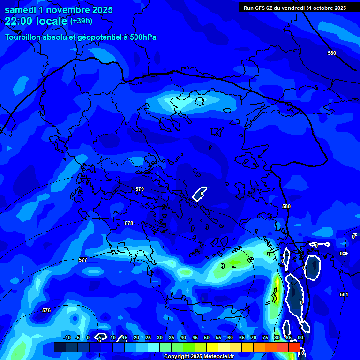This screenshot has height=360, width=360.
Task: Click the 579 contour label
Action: click(140, 189)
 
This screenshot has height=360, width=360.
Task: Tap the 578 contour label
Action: click(129, 223)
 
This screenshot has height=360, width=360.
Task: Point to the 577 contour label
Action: click(83, 260)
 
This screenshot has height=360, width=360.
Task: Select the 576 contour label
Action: click(46, 310)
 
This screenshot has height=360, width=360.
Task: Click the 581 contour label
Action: click(344, 294)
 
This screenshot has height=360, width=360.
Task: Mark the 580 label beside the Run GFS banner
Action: click(332, 53)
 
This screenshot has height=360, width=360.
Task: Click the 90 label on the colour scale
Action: click(300, 337)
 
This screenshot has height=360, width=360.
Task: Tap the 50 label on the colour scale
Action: click(207, 337)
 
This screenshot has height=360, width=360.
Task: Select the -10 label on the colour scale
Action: click(67, 337)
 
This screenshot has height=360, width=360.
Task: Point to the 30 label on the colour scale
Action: click(160, 337)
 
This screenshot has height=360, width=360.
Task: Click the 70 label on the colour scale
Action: click(254, 337)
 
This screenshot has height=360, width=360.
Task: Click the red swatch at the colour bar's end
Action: click(294, 347)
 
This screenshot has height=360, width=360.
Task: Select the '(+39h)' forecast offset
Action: click(81, 21)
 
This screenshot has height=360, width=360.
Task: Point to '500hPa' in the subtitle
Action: click(143, 37)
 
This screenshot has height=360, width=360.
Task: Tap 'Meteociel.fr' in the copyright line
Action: click(219, 357)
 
